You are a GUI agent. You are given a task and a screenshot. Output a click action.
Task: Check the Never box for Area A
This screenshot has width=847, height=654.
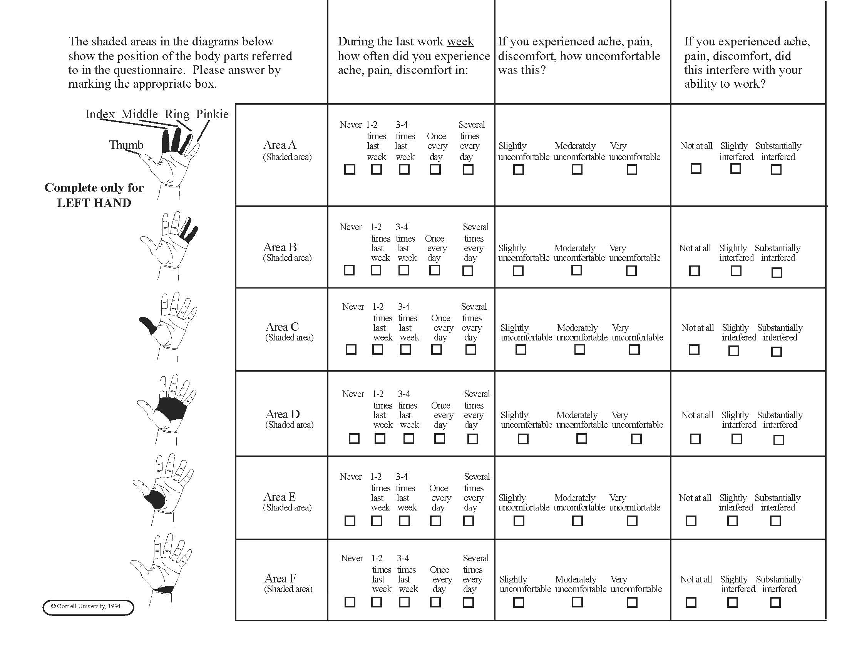(350, 169)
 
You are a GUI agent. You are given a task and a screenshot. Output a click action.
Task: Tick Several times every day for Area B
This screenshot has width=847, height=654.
(468, 270)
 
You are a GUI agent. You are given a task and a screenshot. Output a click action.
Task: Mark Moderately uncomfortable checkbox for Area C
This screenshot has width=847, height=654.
(579, 349)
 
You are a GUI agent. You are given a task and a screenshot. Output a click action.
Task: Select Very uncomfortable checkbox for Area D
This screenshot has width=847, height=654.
(636, 439)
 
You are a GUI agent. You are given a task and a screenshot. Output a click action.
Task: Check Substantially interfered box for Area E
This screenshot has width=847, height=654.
(775, 521)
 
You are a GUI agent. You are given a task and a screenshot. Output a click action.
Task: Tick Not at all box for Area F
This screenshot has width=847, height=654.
(691, 602)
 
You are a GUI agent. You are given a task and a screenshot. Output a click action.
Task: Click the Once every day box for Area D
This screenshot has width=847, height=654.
(439, 439)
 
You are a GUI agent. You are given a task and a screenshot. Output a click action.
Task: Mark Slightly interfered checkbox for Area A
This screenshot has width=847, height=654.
(735, 169)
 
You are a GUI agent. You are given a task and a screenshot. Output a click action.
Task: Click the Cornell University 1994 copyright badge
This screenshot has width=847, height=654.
(89, 607)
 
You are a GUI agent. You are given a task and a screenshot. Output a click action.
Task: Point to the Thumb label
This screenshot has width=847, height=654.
(126, 145)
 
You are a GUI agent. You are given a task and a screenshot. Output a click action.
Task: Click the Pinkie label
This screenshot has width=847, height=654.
(212, 114)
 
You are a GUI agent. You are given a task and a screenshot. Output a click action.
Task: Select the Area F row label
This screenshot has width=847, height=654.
(280, 579)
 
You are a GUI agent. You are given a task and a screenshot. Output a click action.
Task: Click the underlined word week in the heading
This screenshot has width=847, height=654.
(460, 42)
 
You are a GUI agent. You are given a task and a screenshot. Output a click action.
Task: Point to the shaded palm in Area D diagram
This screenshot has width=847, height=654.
(171, 408)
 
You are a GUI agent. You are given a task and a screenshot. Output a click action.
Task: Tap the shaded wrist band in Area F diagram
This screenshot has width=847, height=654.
(163, 590)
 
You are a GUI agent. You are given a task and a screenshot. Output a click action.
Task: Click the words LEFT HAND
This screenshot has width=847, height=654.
(94, 203)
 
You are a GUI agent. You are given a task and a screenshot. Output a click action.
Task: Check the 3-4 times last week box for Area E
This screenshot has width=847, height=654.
(404, 521)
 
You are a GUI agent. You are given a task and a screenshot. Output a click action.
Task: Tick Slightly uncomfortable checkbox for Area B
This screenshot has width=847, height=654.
(518, 270)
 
